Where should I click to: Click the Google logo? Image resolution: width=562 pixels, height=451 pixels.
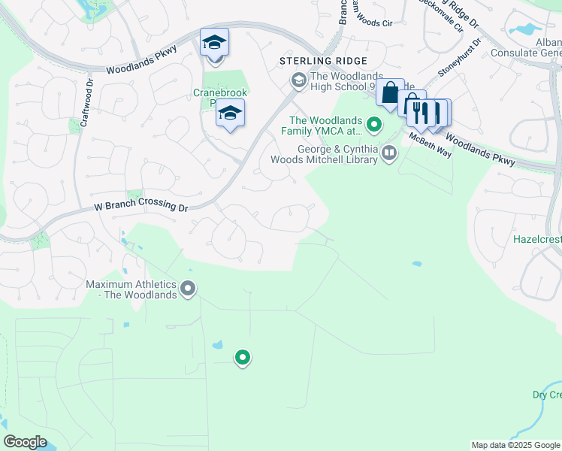(26, 442)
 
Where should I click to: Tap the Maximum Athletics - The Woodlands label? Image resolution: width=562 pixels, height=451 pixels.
(131, 289)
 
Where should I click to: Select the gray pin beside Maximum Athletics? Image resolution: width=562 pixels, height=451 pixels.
(189, 288)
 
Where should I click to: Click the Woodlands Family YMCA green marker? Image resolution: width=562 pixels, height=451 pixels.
(374, 122)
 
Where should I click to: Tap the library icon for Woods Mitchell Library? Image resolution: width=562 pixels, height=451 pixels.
(389, 154)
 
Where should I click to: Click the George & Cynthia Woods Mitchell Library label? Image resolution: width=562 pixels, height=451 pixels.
(336, 154)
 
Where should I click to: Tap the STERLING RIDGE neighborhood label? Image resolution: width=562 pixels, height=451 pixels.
(323, 61)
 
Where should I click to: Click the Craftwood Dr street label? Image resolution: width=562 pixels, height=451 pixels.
(85, 103)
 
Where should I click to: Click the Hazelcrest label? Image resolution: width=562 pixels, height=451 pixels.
(536, 240)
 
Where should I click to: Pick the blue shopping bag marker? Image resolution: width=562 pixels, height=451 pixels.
(390, 94)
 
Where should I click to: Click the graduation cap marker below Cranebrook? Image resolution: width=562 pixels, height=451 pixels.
(230, 114)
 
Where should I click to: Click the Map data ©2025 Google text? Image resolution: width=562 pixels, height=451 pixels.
(515, 445)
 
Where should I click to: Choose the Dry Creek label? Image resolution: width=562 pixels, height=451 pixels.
(546, 395)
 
